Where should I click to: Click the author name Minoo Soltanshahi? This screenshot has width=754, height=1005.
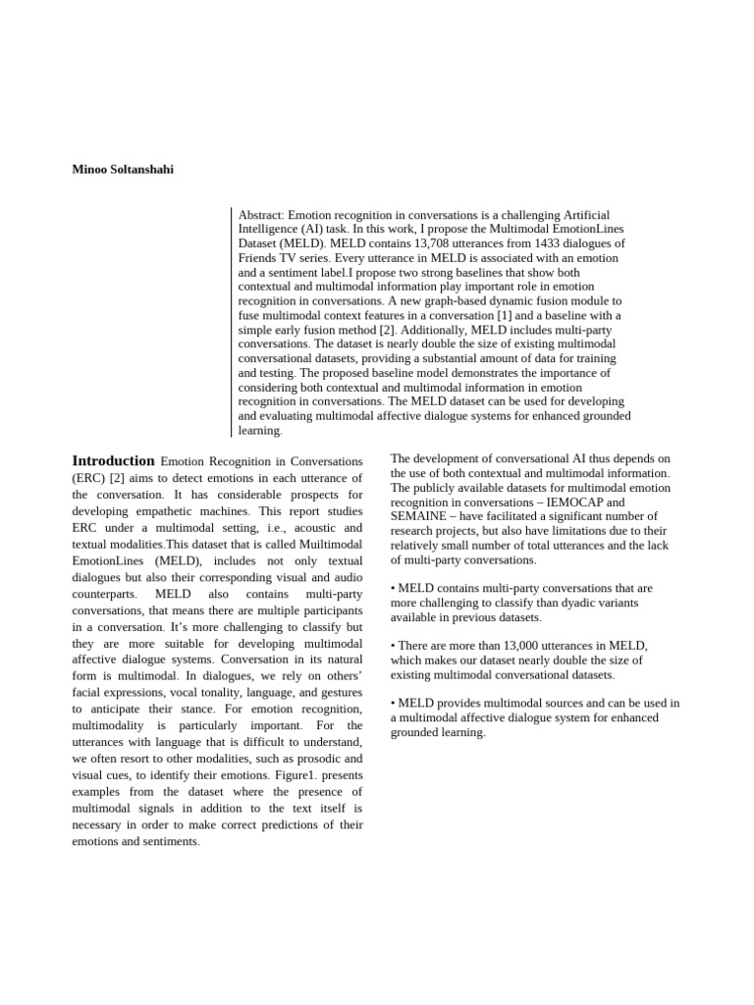click(x=123, y=169)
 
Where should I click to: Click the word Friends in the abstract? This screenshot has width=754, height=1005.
click(x=259, y=257)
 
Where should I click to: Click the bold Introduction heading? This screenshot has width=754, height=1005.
click(x=113, y=460)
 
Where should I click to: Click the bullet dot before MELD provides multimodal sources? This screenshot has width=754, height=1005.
click(x=393, y=703)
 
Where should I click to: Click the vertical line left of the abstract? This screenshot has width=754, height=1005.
click(x=233, y=322)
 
